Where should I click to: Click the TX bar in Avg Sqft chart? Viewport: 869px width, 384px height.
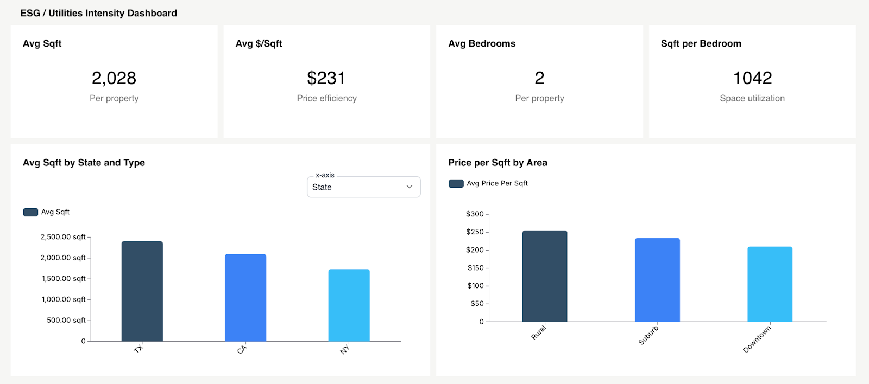(x=142, y=291)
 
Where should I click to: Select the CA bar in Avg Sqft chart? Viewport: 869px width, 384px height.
(x=245, y=298)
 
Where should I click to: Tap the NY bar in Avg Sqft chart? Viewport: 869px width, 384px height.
(x=349, y=305)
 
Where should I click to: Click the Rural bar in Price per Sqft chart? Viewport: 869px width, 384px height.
(x=545, y=276)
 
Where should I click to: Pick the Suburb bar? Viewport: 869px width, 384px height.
(x=657, y=280)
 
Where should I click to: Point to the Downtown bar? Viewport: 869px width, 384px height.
(x=770, y=284)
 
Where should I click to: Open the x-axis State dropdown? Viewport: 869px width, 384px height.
(x=363, y=187)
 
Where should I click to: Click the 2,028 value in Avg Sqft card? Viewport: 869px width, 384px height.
(x=114, y=78)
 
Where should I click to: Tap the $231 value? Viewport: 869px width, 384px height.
(x=326, y=78)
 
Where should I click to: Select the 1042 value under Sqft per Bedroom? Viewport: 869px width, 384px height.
(x=752, y=78)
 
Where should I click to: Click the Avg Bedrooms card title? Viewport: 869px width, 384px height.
(x=482, y=44)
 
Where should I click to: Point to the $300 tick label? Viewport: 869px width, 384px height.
(x=475, y=214)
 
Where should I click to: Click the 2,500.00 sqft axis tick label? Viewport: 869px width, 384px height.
(x=63, y=237)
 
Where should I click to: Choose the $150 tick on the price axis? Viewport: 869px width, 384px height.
(x=475, y=268)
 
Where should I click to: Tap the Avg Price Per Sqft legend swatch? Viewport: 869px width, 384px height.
(x=456, y=184)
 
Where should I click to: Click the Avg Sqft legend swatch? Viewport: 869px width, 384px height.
(x=30, y=212)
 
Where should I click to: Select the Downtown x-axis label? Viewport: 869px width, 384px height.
(x=757, y=340)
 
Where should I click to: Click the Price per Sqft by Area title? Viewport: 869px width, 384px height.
(x=498, y=163)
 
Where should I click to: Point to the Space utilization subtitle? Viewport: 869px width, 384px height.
(x=752, y=98)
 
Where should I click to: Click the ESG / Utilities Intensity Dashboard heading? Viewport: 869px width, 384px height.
(x=99, y=13)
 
